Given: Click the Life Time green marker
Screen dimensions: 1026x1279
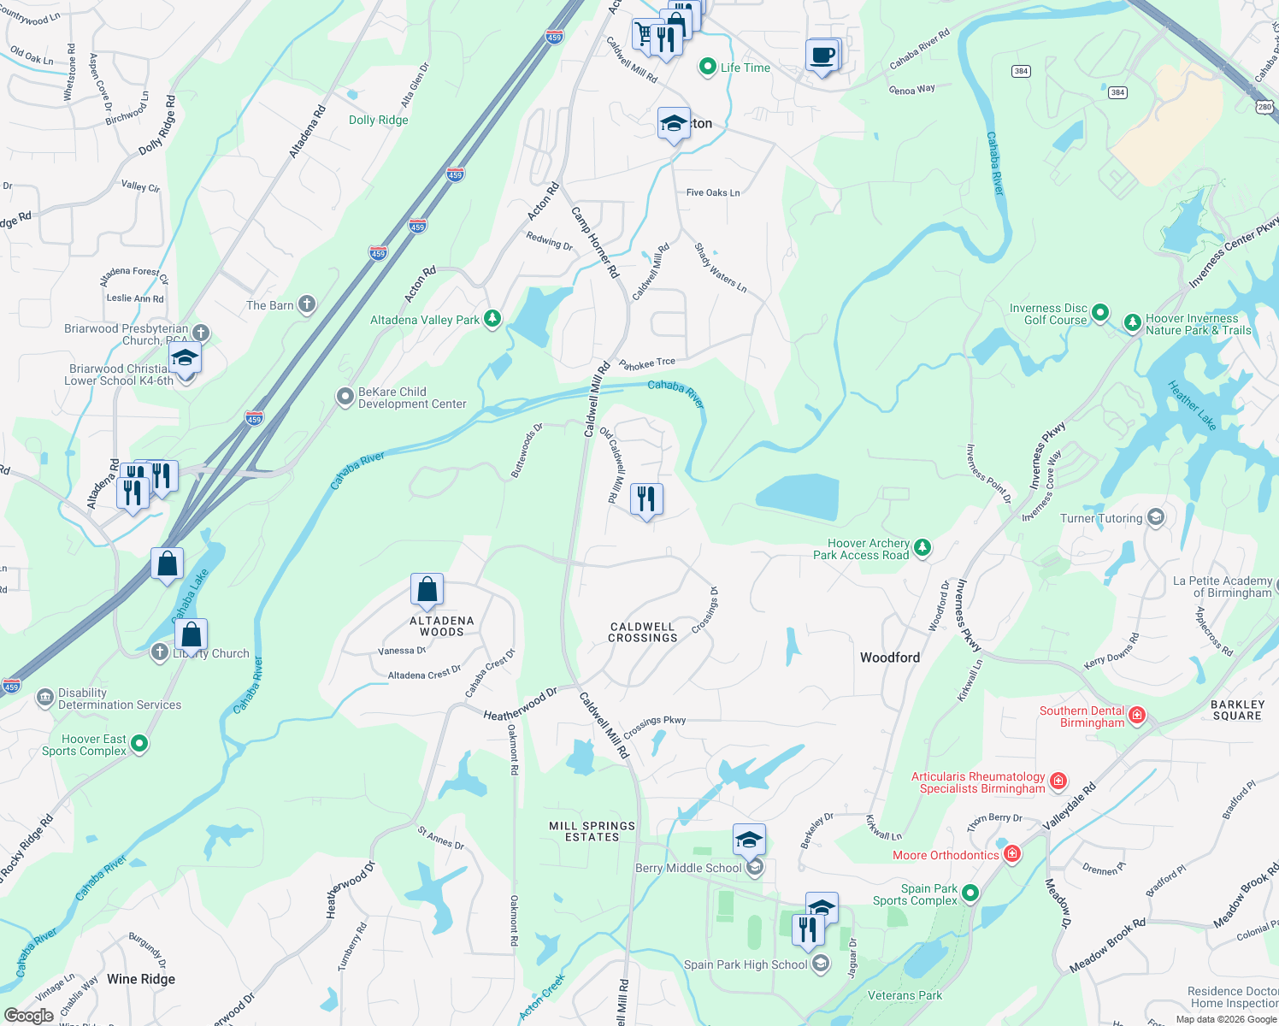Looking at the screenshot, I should coord(707,67).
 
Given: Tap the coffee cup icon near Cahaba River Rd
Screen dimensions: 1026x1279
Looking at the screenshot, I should coord(822,56).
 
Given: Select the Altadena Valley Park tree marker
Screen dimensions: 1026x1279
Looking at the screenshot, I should coord(492,319).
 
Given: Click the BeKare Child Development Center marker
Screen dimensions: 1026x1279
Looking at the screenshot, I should coord(345,397).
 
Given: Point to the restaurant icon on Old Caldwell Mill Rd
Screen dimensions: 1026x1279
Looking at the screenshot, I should coord(646,499).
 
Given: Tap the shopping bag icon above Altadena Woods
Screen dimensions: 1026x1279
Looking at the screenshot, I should coord(427,589).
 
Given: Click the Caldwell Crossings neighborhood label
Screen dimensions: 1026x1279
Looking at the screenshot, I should coord(643,632).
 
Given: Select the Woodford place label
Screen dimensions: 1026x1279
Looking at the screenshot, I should coord(890,657).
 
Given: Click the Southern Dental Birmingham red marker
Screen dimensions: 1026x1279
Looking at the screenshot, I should coord(1137,716).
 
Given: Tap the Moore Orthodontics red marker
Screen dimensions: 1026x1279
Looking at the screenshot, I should coord(1012,854).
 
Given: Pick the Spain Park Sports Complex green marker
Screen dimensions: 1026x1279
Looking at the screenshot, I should coord(970,893).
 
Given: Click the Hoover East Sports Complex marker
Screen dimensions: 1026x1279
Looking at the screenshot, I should coord(139,744).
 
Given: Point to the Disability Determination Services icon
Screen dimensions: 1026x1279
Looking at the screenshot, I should coord(44,699).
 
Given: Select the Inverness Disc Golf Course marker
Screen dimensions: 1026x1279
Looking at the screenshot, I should coord(1100,313).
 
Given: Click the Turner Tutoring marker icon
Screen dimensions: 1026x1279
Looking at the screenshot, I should coord(1156,517).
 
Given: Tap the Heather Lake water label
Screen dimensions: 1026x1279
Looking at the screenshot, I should coord(1192,405).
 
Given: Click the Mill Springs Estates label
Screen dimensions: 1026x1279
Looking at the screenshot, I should coord(592,831).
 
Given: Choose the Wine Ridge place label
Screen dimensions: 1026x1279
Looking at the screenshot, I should coord(141,979).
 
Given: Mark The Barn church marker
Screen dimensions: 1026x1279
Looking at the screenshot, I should coord(306,304).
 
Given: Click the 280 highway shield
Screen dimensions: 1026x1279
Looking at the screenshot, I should coord(1264,106).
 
